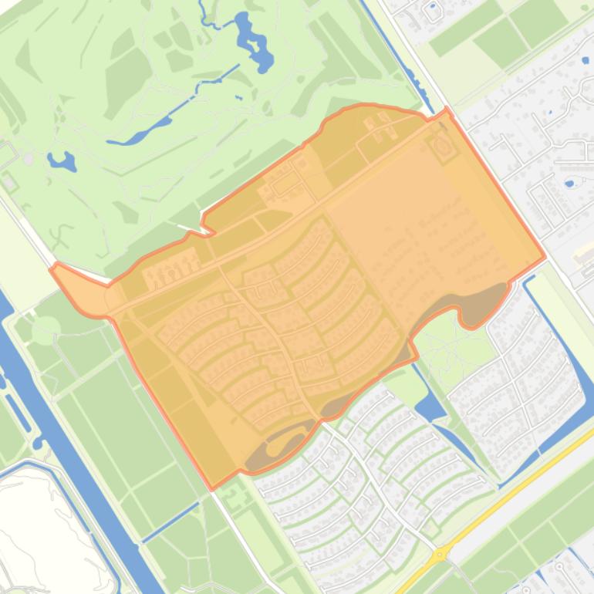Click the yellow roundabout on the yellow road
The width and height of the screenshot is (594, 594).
(440, 553)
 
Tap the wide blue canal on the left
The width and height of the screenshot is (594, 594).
(77, 447)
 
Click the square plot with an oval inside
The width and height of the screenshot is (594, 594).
(443, 144)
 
